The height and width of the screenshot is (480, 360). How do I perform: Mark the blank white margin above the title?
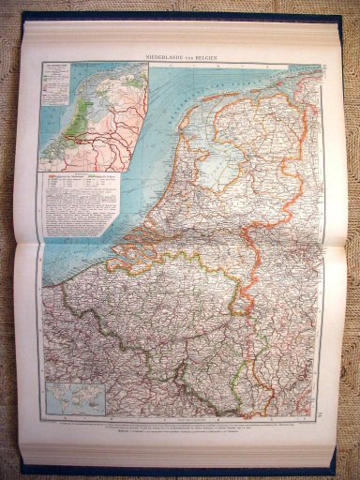187,42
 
